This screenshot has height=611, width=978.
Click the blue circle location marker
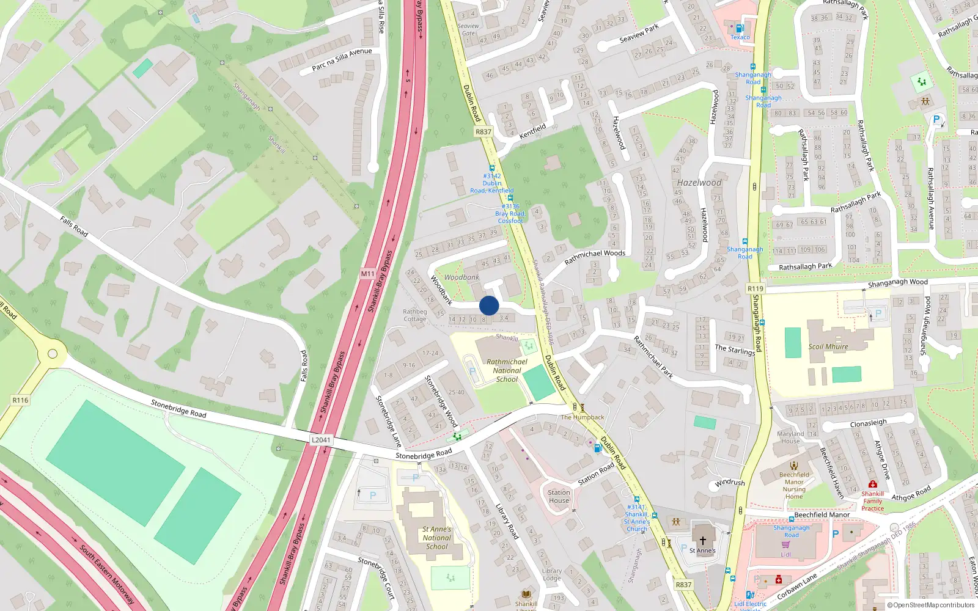tap(489, 305)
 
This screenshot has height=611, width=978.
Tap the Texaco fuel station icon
tap(740, 28)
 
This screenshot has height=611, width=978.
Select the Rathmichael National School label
tap(507, 370)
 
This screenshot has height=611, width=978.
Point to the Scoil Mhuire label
tap(828, 346)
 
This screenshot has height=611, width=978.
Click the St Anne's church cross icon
tap(702, 541)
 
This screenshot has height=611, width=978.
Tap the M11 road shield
tap(367, 274)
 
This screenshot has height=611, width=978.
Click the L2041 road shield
tap(321, 440)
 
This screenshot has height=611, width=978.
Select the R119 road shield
tap(756, 288)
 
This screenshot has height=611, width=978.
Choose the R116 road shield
tap(20, 400)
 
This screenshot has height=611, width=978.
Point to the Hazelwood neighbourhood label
tap(699, 183)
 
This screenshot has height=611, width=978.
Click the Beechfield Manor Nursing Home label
tap(794, 485)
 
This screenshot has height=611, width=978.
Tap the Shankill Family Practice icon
tap(872, 485)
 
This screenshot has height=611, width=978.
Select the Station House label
tap(559, 496)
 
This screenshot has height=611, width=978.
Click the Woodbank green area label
tap(461, 277)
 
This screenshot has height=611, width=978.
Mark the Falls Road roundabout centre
tap(53, 354)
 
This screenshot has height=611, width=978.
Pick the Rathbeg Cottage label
tap(414, 315)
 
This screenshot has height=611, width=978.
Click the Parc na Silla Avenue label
tap(342, 59)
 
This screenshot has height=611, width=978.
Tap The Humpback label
tap(583, 417)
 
